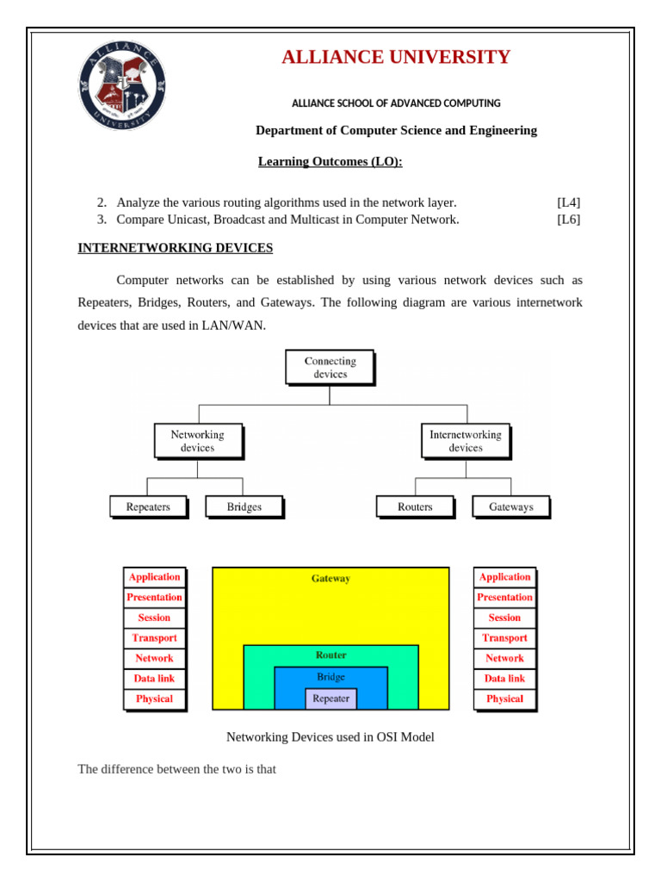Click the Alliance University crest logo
tap(122, 87)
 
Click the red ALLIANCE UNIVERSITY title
tap(396, 58)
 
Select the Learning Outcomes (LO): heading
tap(330, 162)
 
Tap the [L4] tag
tap(568, 202)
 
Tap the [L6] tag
tap(568, 219)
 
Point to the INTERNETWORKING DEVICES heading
tap(176, 248)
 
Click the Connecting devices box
tap(330, 368)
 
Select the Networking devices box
tap(197, 441)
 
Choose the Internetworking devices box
tap(465, 441)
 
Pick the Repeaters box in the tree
tap(148, 506)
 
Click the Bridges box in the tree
tap(244, 506)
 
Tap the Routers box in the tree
tap(415, 506)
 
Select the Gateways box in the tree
tap(510, 506)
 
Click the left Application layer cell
tap(154, 577)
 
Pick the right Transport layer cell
tap(504, 638)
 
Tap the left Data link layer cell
tap(154, 679)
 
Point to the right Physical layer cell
tap(504, 699)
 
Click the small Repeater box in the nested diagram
tap(331, 699)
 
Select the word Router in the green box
tap(331, 655)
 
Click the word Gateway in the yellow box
tap(331, 579)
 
